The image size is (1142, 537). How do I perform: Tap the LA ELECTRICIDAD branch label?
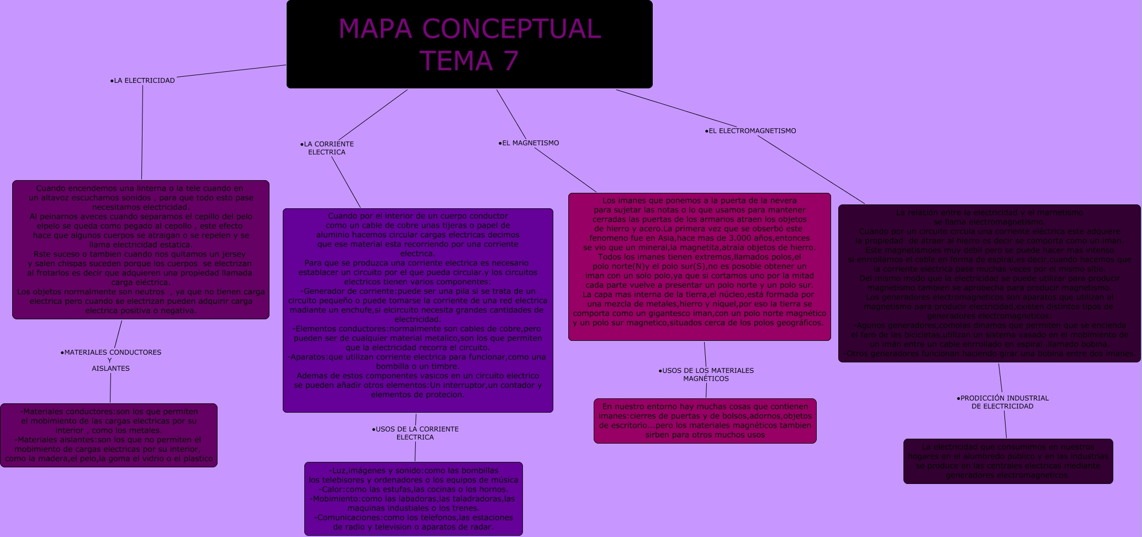142,81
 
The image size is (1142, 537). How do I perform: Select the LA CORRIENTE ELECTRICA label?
327,148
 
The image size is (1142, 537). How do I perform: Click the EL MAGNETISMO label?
529,143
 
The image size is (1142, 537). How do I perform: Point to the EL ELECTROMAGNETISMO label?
750,131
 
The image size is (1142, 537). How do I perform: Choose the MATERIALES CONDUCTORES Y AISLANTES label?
111,360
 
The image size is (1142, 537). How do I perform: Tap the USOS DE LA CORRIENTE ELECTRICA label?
415,433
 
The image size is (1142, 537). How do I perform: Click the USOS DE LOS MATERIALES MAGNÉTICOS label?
706,375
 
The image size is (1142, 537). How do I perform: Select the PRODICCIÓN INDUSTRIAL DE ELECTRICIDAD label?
1002,402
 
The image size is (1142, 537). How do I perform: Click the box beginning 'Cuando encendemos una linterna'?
141,250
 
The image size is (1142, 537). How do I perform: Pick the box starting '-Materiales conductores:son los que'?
109,435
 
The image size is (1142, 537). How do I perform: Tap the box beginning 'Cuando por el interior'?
417,310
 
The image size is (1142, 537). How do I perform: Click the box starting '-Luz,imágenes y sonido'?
413,499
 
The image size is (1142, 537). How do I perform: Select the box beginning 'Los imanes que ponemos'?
699,267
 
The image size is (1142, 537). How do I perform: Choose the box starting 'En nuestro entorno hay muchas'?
705,421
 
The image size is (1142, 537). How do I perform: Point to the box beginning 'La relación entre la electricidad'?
989,283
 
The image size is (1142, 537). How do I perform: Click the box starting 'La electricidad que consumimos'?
1008,461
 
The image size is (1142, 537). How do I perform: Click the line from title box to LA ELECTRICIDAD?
231,71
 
